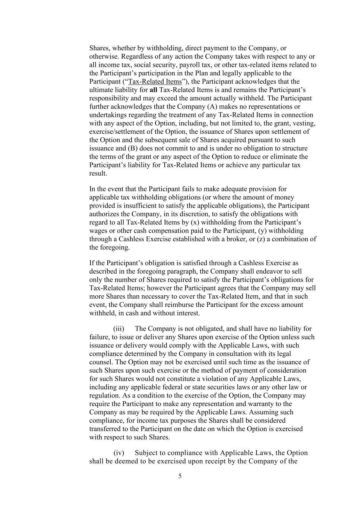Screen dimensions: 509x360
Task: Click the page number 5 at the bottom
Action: tap(180, 476)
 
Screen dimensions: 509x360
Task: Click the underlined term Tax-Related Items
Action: tap(155, 82)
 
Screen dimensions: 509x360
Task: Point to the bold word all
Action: tap(153, 90)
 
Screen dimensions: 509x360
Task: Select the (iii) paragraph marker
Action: tap(119, 329)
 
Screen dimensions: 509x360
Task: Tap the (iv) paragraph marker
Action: tap(119, 453)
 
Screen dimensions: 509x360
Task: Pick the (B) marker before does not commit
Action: tap(133, 148)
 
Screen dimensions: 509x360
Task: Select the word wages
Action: tap(98, 231)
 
